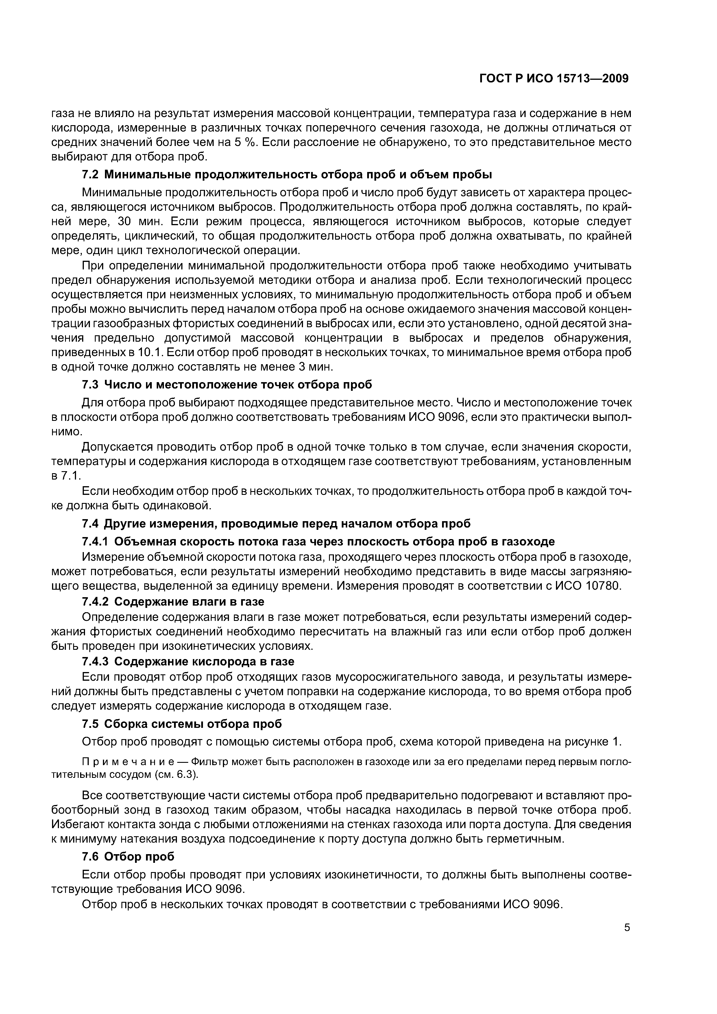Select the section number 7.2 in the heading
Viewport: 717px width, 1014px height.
91,175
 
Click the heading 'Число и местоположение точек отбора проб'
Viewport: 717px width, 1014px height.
238,385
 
